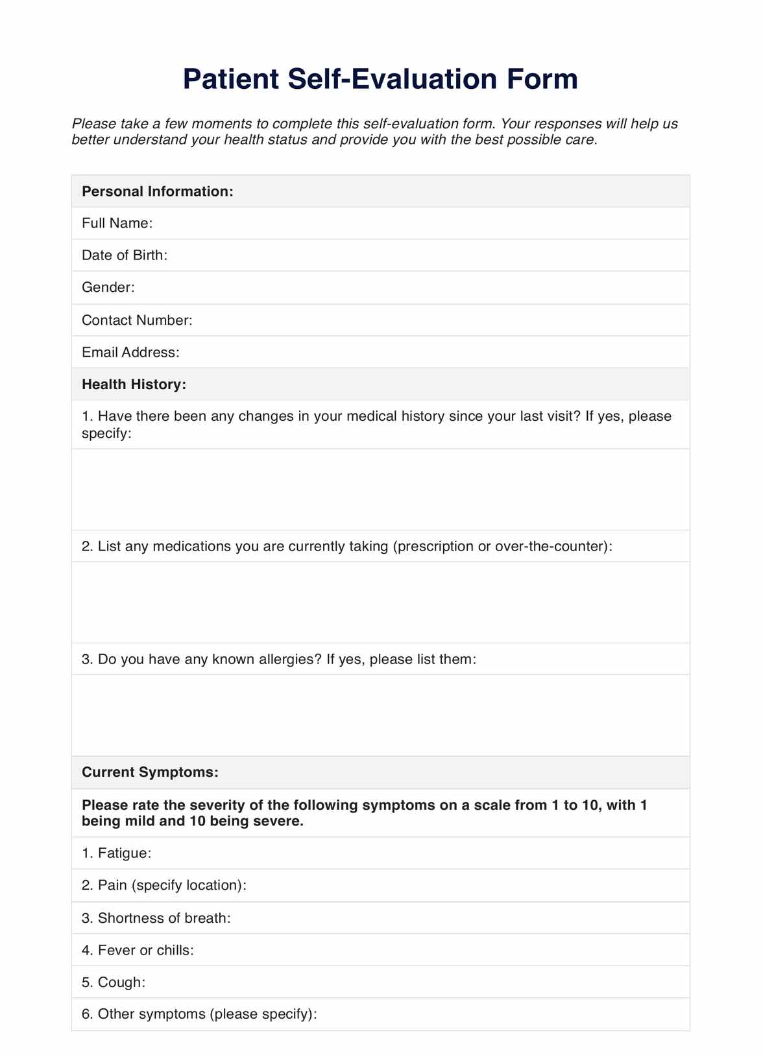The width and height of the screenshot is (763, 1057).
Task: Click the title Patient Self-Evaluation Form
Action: [380, 79]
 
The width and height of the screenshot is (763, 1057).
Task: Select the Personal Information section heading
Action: [157, 191]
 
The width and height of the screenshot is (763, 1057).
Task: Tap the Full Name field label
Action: [117, 223]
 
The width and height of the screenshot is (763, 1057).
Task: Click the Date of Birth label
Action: [125, 255]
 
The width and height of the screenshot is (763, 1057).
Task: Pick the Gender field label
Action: [108, 287]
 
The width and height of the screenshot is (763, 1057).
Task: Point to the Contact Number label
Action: [138, 320]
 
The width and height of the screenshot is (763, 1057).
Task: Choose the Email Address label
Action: [130, 352]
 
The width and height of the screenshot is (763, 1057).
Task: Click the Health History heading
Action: [134, 385]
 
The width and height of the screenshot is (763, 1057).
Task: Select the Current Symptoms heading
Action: [150, 772]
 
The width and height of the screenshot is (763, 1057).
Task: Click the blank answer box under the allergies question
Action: [380, 715]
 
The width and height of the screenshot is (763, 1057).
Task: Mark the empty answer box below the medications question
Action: [380, 602]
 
